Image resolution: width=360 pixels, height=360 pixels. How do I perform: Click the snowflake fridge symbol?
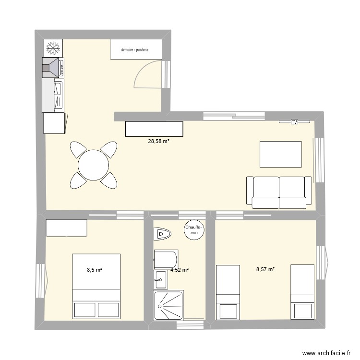tap(52, 48)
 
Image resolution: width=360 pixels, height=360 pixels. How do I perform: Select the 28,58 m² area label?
tap(158, 141)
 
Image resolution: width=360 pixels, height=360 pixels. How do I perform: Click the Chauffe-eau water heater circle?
tap(194, 230)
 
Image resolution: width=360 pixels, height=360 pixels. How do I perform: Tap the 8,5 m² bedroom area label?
tap(95, 270)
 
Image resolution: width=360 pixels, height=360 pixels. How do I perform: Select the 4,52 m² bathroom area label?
tap(179, 270)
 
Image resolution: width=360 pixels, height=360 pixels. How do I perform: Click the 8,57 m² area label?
tap(265, 270)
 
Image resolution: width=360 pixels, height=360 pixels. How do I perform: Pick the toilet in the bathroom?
tap(162, 235)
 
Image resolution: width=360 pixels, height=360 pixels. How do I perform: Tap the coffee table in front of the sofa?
tap(280, 154)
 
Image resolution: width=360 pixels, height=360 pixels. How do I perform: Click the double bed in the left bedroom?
tap(96, 286)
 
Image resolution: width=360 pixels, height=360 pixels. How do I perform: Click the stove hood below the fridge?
tap(53, 67)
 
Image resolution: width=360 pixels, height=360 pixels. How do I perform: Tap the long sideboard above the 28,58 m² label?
tap(154, 129)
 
